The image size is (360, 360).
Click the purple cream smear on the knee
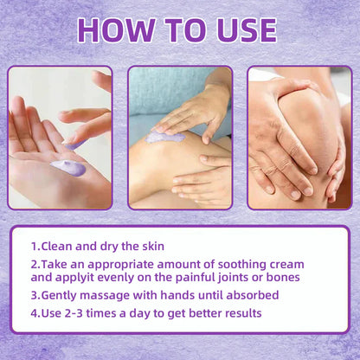pos(165,137)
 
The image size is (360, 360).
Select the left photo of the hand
pos(60,138)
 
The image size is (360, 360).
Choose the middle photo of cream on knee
pos(180,138)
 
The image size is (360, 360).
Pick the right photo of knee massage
pos(299,138)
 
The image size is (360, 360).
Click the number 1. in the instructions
pos(36,245)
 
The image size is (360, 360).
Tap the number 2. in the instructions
pos(36,263)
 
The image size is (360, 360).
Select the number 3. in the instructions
pos(36,295)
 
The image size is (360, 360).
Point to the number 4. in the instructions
pos(36,312)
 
